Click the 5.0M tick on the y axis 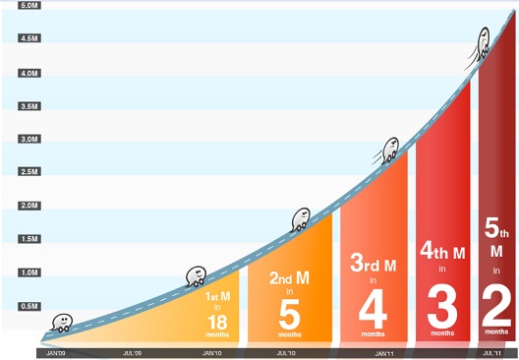tap(29, 5)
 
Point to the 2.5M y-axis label tap(29, 172)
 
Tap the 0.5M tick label tap(29, 306)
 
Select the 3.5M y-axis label tap(29, 105)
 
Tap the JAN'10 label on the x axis tap(211, 352)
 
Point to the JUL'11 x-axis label tap(492, 352)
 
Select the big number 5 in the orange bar tap(289, 314)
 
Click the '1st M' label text tap(218, 295)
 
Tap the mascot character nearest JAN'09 tap(62, 321)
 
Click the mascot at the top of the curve tap(484, 41)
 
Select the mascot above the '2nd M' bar tap(301, 216)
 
